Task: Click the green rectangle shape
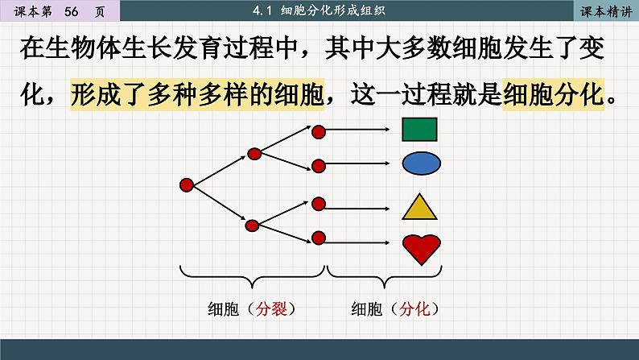pos(419,130)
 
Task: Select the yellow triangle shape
pos(418,207)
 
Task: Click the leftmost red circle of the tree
pos(186,186)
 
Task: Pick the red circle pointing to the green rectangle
pos(318,130)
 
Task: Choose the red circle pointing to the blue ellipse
pos(318,165)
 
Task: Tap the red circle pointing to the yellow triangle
pos(318,203)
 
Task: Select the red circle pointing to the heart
pos(318,238)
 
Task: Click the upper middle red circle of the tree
pos(254,152)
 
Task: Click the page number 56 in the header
pos(71,10)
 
